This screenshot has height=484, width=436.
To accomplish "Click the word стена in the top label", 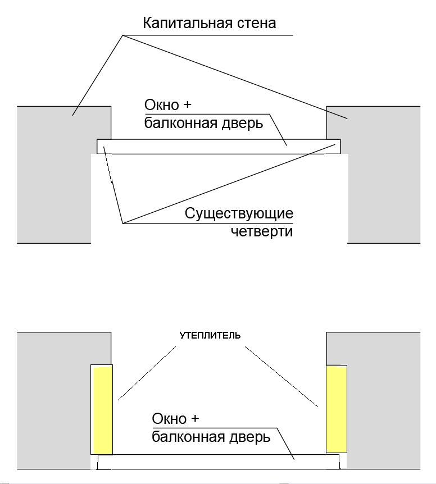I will pos(256,24).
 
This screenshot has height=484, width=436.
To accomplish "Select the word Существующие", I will pos(239,214).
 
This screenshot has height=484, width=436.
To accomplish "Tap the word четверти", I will pos(262,231).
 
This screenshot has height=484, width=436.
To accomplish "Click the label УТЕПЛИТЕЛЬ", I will pos(210,336).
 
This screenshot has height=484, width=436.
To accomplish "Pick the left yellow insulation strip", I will pos(102,410).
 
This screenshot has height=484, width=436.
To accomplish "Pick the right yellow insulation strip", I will pos(336,409).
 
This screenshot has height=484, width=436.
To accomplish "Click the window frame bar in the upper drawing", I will pos(219,147).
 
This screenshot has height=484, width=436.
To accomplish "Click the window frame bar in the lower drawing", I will pos(219,462).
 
